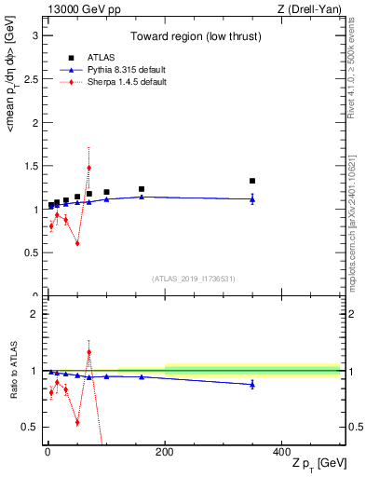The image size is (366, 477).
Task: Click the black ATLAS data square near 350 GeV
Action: [252, 181]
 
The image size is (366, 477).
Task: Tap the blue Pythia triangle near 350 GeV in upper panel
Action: [252, 198]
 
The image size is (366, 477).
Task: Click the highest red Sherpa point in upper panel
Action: [88, 168]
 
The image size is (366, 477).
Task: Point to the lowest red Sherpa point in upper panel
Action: [77, 243]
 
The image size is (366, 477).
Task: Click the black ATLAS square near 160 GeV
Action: [142, 189]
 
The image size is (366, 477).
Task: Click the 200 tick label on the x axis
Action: [165, 451]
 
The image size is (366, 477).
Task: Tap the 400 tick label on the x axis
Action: [281, 451]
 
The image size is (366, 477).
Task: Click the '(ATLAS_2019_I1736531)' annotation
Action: [193, 279]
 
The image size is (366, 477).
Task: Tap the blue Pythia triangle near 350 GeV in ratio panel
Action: [252, 384]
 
